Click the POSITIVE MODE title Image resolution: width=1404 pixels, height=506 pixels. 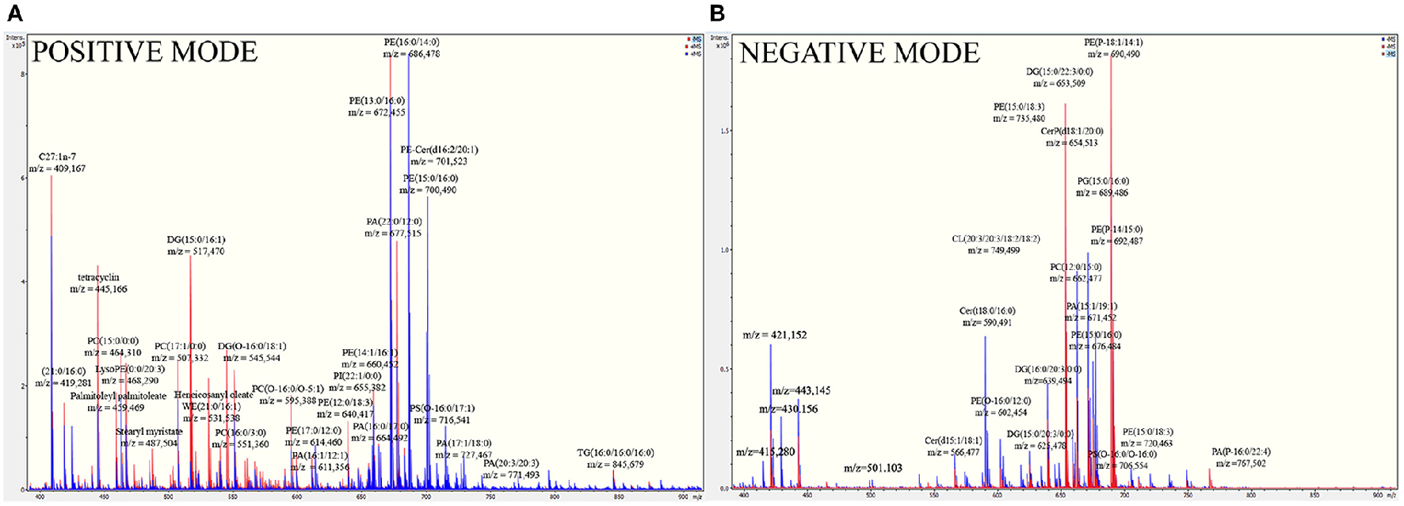[x=144, y=52]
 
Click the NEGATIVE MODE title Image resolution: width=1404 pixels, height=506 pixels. [x=860, y=53]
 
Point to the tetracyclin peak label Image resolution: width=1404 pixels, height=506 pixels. [x=98, y=278]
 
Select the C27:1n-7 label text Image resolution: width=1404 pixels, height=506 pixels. [x=57, y=157]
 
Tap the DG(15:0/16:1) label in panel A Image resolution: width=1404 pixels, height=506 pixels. [x=196, y=240]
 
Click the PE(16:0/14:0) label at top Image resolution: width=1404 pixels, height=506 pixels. [x=411, y=43]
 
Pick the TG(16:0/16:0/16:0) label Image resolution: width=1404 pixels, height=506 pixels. [x=615, y=453]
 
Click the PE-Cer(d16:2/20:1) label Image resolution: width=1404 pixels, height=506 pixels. [x=439, y=150]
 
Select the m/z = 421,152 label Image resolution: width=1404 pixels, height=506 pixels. [x=774, y=335]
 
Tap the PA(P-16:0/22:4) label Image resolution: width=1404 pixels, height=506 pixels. [x=1240, y=452]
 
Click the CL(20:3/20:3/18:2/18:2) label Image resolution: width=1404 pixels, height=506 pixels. [x=995, y=239]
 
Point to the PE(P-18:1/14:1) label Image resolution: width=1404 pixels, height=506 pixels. [x=1113, y=43]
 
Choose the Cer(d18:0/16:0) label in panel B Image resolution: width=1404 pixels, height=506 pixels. [x=986, y=311]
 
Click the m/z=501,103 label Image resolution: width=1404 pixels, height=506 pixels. [x=872, y=468]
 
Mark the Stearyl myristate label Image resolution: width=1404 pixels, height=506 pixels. [x=149, y=432]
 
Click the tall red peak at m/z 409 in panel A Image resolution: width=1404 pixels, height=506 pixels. [x=52, y=206]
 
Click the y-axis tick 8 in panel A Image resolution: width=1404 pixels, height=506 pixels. [x=23, y=74]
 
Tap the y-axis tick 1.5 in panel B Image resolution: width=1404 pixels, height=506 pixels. [x=724, y=131]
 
